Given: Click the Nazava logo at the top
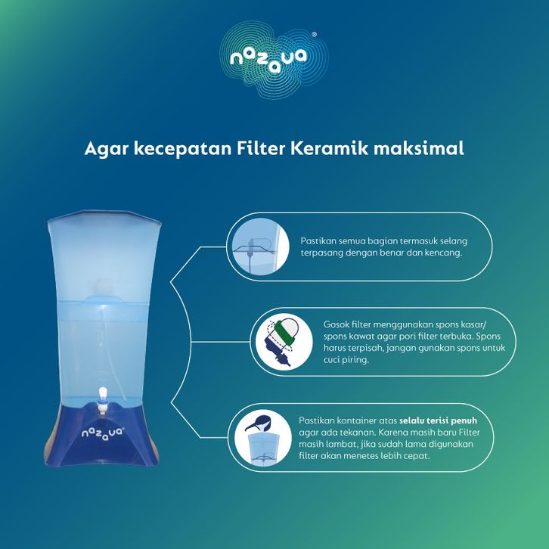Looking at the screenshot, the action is [274, 60].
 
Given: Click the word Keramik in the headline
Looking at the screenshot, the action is [330, 148].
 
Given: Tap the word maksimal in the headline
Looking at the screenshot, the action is [419, 148].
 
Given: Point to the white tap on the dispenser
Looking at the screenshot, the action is [102, 400].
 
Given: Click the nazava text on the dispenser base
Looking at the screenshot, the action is [102, 433].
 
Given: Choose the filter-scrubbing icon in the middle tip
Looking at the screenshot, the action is [284, 342].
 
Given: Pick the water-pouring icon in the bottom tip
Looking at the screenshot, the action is [262, 438].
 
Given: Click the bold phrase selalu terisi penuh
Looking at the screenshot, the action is [438, 420].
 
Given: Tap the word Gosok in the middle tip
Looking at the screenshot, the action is [337, 324].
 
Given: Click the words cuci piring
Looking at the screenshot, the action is [346, 360].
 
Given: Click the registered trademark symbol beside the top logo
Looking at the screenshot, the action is [314, 35].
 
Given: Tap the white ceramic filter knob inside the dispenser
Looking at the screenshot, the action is [103, 285].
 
